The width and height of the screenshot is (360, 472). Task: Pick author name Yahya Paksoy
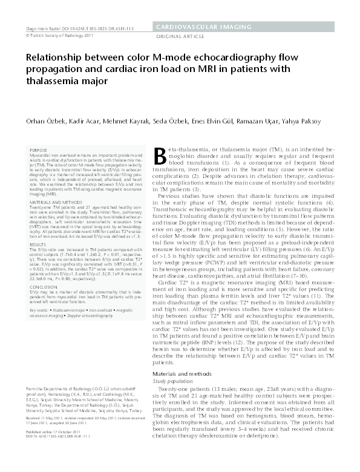[303, 122]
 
